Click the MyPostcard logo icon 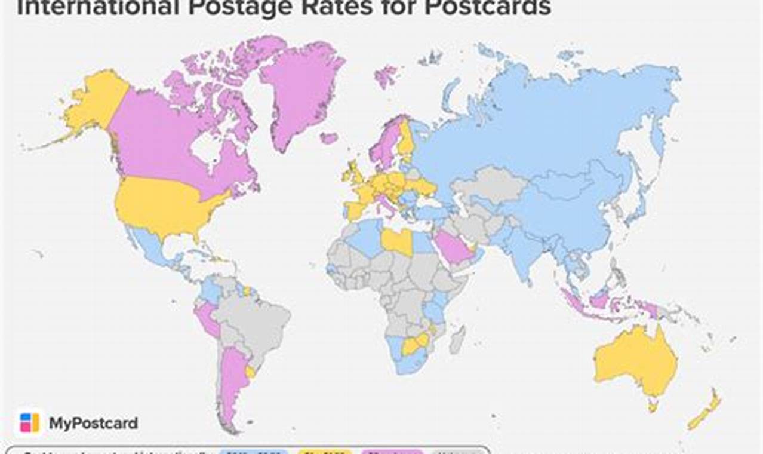pyautogui.click(x=29, y=422)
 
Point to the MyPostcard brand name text pyautogui.click(x=93, y=424)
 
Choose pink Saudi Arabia pyautogui.click(x=452, y=246)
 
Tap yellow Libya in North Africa pyautogui.click(x=396, y=241)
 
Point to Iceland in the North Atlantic pyautogui.click(x=328, y=138)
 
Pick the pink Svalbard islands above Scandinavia pyautogui.click(x=385, y=76)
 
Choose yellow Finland pyautogui.click(x=407, y=140)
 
